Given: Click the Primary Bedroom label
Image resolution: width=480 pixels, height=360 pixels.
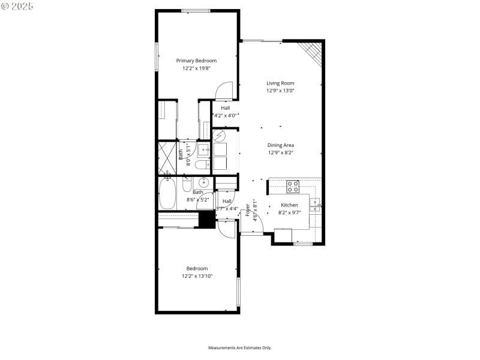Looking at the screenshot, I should coord(196,61).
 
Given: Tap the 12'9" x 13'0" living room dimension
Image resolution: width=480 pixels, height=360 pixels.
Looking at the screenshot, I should coord(280,91).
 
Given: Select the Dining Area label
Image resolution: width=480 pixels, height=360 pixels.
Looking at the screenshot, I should coord(280,145).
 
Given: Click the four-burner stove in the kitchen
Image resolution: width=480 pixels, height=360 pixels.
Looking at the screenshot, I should coord(293,187).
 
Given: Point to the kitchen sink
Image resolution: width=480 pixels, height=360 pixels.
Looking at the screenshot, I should coord(316,205).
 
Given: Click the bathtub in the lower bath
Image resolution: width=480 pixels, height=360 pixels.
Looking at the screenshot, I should coord(167,193).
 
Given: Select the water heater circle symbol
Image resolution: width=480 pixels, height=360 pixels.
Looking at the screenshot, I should coord(220,137).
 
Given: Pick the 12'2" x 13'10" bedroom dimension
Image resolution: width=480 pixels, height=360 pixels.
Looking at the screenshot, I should coord(197,276).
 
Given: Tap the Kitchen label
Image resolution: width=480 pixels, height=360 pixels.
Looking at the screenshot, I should coord(289,205).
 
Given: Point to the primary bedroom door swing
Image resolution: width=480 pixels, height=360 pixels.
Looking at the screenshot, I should coord(223,90).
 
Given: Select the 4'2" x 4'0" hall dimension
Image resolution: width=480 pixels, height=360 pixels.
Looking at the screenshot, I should coord(225,115).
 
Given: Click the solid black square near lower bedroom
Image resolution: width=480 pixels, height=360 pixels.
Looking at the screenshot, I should coord(206,220).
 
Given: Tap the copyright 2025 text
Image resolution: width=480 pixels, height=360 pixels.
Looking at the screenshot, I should coord(18,6).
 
